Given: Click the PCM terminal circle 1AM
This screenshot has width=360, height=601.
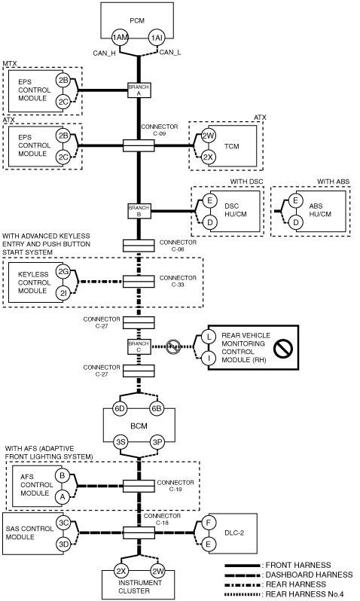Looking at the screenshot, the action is coord(120,38).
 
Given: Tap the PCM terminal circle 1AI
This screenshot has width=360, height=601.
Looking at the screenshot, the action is coord(157,38).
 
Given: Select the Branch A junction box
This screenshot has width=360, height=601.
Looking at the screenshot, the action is coord(139,90).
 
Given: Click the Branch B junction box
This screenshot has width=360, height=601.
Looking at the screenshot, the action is coord(139,211).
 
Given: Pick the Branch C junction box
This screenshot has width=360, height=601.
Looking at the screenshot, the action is coord(139,347).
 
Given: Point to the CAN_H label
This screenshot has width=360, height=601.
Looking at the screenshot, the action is coord(104,53).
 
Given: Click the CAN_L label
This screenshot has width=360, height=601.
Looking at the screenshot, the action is coord(170,52).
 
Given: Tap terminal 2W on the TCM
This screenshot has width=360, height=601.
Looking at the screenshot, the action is coord(209,136).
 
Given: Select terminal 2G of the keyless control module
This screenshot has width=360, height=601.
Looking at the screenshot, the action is coord(63,272).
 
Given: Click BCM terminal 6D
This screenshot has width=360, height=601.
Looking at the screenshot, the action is coord(120,409).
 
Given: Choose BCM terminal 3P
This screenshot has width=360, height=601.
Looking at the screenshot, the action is coord(157,442).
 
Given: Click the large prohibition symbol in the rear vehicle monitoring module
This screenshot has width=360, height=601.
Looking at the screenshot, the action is coord(283,349).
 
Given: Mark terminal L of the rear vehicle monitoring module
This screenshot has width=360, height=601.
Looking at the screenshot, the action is coord(209,337).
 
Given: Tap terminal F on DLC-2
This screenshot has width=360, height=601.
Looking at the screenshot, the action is coord(209,522).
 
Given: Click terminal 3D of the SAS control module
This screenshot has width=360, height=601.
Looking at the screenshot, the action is coord(63,544).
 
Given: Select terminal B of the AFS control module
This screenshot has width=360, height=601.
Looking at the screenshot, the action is coord(62,476).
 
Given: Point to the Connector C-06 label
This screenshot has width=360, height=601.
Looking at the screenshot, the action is coord(178,246).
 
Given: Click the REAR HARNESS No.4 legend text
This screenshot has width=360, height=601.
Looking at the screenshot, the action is coord(304,594).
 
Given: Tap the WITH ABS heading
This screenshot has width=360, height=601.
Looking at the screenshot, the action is coord(333,182).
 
